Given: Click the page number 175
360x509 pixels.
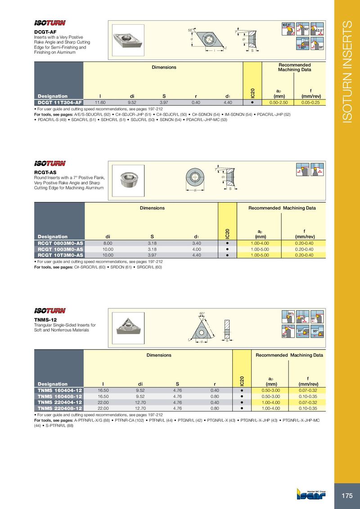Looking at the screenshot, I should (347, 496).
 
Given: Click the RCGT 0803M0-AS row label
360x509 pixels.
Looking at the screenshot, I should (60, 243).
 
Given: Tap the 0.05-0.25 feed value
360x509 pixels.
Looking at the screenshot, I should (310, 103).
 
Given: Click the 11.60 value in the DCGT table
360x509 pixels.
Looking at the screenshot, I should (100, 103).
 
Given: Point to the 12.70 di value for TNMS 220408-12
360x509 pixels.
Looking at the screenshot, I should (140, 409).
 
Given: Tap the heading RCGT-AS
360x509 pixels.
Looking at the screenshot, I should (45, 172).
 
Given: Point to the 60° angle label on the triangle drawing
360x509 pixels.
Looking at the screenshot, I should (202, 313).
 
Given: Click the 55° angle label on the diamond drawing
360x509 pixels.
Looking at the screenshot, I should (190, 30).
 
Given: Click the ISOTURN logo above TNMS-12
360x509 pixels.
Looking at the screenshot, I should (50, 311).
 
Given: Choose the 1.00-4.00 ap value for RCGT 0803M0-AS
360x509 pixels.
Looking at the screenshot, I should (260, 243).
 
